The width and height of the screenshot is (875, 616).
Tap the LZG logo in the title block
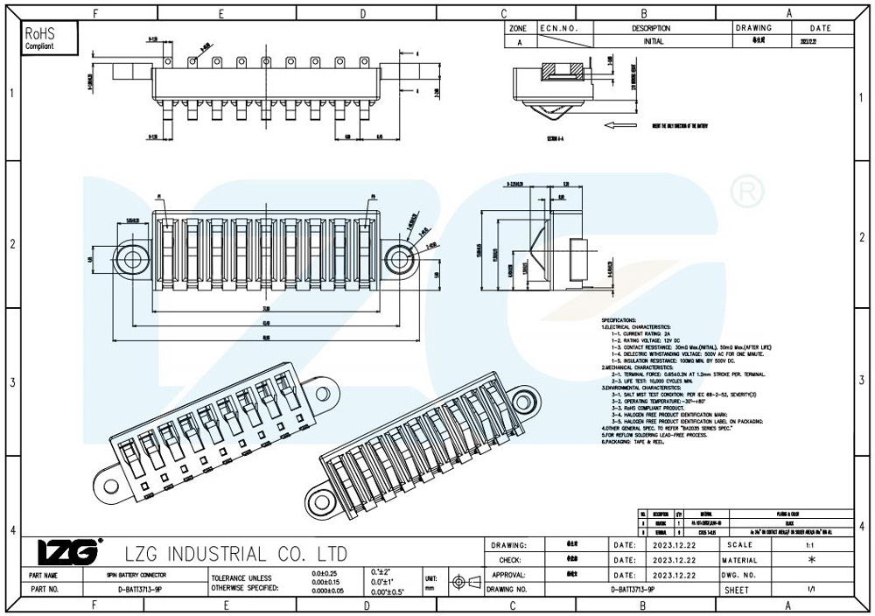66,552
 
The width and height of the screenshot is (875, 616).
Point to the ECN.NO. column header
560,28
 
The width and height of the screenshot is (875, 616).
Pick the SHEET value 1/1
813,590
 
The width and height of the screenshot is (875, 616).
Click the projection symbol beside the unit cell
465,582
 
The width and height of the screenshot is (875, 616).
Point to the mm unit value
430,589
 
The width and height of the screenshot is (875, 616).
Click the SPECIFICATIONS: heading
619,321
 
